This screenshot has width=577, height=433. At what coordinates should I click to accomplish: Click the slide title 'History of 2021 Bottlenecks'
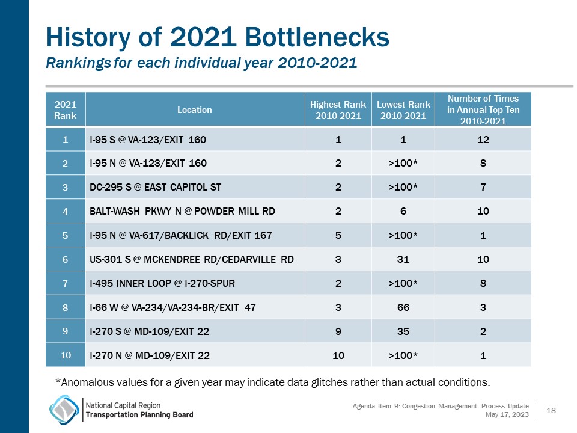click(218, 38)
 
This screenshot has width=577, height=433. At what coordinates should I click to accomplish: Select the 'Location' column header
click(194, 110)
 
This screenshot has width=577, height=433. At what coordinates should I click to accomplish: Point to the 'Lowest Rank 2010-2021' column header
click(403, 110)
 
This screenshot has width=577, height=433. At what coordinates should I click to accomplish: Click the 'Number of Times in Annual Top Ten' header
click(483, 109)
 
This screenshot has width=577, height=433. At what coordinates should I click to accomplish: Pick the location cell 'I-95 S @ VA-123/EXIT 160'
click(147, 140)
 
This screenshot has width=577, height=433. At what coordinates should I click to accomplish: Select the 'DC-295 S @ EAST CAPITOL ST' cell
click(155, 187)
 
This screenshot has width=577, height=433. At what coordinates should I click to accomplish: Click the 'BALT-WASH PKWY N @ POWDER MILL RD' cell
click(174, 211)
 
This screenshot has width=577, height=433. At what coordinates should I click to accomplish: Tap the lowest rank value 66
click(403, 307)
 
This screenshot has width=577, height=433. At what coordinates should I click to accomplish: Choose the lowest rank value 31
click(403, 259)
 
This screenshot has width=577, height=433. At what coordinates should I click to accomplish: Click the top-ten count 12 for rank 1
click(483, 140)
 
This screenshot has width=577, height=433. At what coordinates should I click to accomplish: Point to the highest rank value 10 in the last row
click(338, 355)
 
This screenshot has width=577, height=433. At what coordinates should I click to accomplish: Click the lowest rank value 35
click(403, 331)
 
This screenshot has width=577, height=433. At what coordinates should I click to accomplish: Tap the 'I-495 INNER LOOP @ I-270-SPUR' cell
click(162, 283)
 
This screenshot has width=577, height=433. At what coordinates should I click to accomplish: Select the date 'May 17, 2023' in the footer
click(507, 414)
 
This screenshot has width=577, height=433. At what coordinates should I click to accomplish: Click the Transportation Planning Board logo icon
click(64, 410)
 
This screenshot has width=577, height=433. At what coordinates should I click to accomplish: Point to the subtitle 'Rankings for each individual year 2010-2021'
click(201, 63)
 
